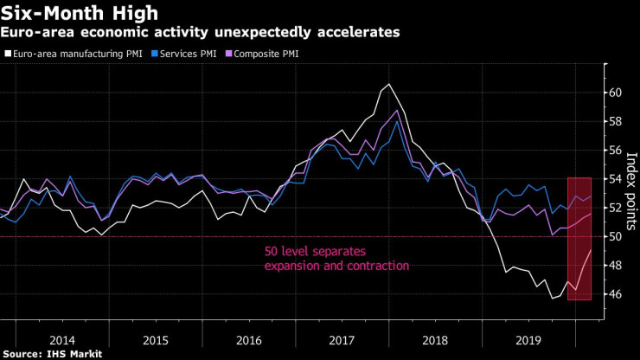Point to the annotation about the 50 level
coord(336,259)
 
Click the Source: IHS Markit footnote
coord(52,352)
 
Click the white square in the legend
coord(7,54)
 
